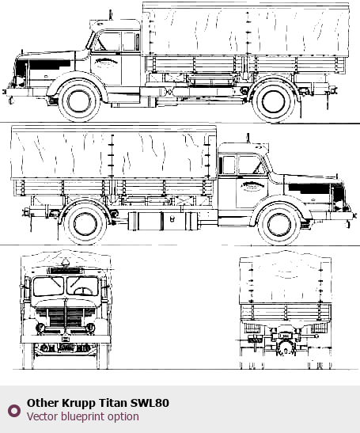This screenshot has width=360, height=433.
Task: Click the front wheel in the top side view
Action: (79, 101)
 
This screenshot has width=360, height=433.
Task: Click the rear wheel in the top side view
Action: (273, 101)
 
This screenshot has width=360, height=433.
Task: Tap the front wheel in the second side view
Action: (279, 224)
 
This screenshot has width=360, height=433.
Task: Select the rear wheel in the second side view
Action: (85, 224)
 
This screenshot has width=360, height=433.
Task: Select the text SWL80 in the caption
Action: (150, 403)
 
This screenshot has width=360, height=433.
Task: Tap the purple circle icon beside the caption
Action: (14, 411)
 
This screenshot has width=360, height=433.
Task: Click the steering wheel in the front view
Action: (83, 291)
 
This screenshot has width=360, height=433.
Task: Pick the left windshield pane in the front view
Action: (48, 286)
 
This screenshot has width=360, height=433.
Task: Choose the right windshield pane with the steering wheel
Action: (82, 286)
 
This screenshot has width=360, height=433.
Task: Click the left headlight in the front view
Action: (40, 328)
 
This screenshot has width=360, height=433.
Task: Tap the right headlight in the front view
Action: (90, 328)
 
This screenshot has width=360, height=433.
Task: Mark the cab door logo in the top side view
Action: (107, 62)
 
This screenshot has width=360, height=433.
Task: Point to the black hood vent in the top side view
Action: (50, 65)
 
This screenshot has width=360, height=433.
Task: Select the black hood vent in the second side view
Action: (309, 188)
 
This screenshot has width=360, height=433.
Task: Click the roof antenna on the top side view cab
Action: (111, 15)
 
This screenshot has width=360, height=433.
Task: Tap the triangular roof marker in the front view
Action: (66, 261)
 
